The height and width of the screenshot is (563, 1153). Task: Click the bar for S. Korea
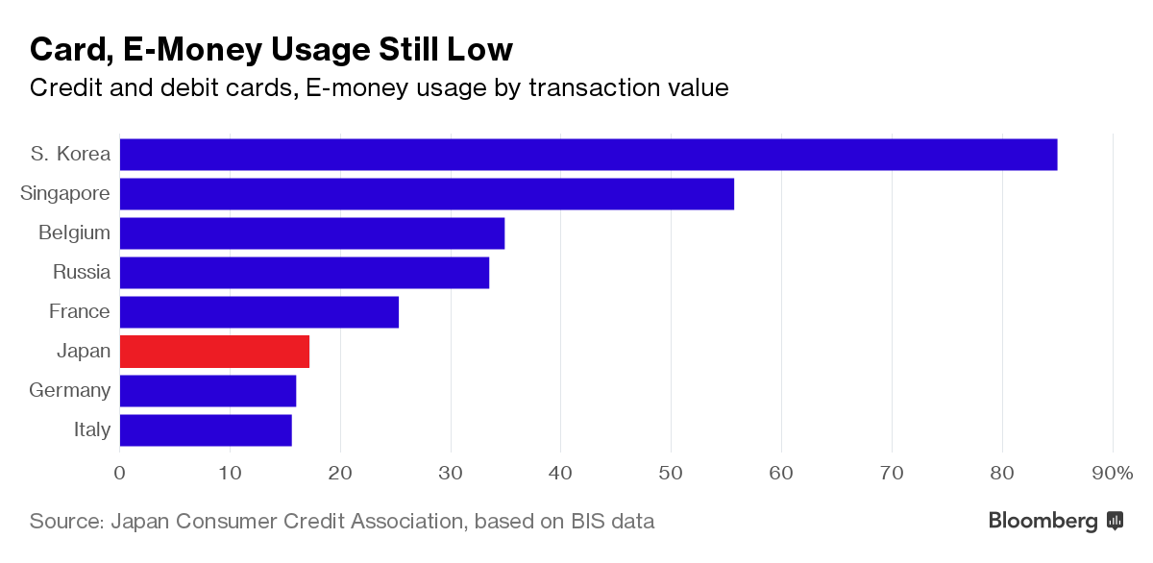(588, 155)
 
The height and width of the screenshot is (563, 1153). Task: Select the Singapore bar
(427, 194)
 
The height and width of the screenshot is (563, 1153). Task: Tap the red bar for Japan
(214, 353)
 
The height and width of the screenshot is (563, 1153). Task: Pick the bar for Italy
(206, 430)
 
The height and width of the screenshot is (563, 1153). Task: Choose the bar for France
(258, 312)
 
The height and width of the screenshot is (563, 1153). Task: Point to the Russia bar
(304, 273)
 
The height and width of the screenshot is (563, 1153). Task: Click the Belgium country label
(74, 233)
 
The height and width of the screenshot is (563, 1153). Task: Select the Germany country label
(69, 391)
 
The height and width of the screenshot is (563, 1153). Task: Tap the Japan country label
(84, 352)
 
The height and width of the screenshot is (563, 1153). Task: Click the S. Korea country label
(70, 154)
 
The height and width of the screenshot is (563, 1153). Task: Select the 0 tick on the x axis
(120, 473)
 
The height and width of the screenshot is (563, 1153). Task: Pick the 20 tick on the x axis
(340, 473)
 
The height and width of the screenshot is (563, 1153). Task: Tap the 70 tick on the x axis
(892, 473)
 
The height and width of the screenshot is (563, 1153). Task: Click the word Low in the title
(480, 49)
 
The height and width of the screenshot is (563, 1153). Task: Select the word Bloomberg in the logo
(1043, 522)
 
